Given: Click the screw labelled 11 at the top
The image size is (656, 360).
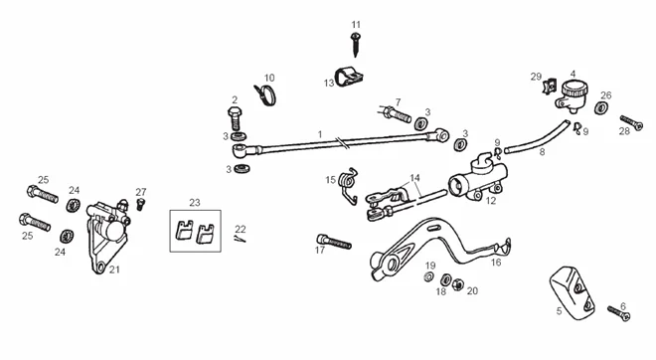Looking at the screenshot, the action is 356,44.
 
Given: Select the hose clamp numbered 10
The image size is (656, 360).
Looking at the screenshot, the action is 265,95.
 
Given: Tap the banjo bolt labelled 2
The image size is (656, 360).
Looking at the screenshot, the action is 236,118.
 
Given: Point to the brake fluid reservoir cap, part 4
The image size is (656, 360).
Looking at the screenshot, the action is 574,88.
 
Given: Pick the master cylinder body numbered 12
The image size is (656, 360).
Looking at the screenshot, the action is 478,177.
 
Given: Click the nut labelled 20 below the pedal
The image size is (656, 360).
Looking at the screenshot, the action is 458,284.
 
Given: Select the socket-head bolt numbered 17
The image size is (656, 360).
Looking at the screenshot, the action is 334,242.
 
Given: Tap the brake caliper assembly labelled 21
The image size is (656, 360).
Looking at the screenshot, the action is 107,236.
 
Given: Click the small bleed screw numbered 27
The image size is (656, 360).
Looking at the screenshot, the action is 141,204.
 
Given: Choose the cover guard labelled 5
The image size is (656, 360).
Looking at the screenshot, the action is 572,291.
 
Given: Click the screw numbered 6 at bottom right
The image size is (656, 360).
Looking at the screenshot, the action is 619,312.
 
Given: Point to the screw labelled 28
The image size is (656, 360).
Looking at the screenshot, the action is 631,122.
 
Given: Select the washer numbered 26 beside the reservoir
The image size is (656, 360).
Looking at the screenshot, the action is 601,108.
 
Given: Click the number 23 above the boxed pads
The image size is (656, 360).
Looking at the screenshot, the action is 195,203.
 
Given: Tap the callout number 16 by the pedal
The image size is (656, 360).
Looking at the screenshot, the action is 496,263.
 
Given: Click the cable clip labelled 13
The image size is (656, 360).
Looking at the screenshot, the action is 349,77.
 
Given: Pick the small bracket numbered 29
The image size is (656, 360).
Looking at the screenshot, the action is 549,88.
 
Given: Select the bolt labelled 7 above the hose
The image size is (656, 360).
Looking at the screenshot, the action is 396,113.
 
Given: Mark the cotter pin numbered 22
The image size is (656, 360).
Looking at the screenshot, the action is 240,239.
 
